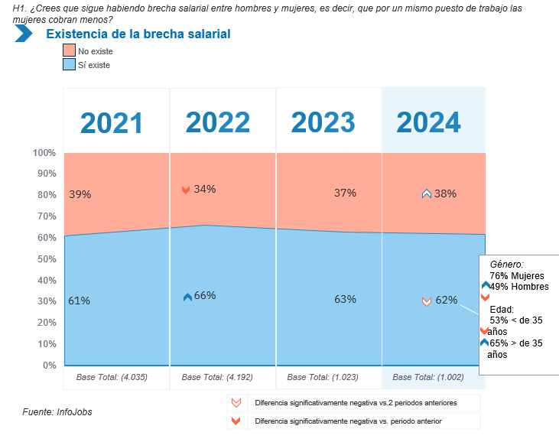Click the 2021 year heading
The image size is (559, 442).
click(x=112, y=122)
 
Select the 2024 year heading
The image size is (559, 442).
click(x=428, y=122)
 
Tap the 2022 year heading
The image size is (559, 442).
click(x=218, y=122)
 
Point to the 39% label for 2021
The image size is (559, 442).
click(x=80, y=194)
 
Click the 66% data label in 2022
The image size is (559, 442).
click(x=205, y=296)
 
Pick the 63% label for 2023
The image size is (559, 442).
click(x=345, y=299)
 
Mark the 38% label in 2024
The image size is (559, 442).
click(x=445, y=193)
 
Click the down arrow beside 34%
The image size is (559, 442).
click(x=185, y=190)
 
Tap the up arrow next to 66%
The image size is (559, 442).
click(x=187, y=297)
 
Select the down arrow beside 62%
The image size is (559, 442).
click(x=427, y=301)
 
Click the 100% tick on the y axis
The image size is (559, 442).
click(x=44, y=153)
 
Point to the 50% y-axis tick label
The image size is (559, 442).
click(x=47, y=259)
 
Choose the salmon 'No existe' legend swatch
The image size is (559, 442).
click(x=69, y=50)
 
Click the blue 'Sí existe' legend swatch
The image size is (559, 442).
click(x=69, y=64)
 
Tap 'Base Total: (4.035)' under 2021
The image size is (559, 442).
click(x=112, y=377)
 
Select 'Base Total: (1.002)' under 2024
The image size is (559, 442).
click(x=428, y=377)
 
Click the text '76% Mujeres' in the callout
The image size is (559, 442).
click(x=517, y=275)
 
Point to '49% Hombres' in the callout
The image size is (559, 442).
click(x=520, y=287)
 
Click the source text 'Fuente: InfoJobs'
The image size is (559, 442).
click(x=58, y=412)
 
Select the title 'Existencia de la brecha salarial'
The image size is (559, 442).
click(x=138, y=34)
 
